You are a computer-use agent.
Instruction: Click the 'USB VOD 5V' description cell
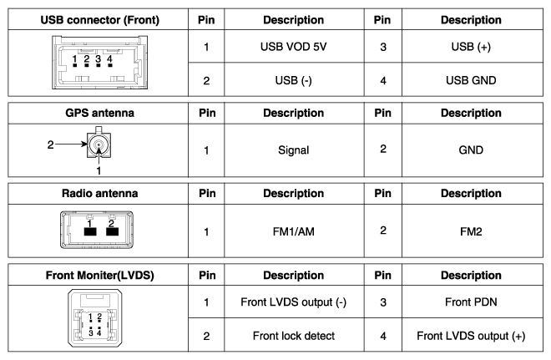(293, 47)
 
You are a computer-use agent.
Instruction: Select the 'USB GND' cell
(471, 80)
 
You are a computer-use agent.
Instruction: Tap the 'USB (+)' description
(471, 47)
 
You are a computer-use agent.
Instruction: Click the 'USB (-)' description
(293, 80)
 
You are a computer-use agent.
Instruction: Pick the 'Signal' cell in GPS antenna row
(293, 150)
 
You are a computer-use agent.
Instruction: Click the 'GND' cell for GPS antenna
(471, 150)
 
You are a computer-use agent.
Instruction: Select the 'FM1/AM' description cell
(293, 231)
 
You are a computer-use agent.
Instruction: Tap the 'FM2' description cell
(471, 231)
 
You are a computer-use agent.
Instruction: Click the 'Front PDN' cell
(471, 302)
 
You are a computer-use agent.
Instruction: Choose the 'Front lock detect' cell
(293, 336)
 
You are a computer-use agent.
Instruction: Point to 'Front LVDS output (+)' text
(471, 336)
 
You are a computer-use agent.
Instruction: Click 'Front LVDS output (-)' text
(293, 302)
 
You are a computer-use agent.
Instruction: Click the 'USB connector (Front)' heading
(100, 20)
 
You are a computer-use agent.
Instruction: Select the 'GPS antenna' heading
(100, 113)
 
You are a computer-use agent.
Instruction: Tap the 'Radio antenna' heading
(100, 193)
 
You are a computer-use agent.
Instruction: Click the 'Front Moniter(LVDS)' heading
(100, 275)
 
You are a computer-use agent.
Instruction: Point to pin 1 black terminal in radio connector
(90, 231)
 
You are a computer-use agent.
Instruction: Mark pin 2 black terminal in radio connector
(112, 231)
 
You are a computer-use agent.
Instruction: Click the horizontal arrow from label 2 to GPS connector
(71, 144)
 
